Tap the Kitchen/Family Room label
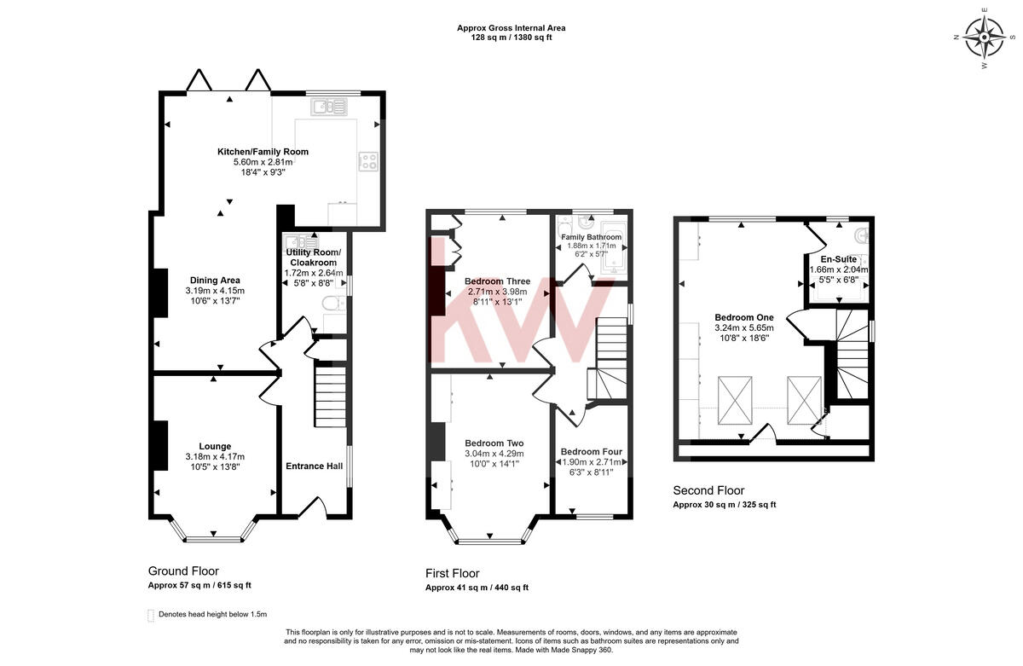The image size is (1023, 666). pos(263,152)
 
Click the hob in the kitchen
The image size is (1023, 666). pos(369,161)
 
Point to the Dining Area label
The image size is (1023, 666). pos(214,280)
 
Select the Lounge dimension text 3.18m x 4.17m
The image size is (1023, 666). pos(215,456)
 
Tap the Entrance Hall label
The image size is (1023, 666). pos(314,466)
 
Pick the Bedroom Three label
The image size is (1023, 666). pos(497,281)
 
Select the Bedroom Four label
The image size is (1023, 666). pos(591,451)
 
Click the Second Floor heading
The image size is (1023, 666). pos(708,490)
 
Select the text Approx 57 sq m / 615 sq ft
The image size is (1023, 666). pos(199,585)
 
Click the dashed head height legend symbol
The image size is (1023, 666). pos(152,614)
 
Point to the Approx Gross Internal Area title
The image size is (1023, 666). pos(511,28)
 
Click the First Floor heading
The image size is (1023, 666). pos(452,573)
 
